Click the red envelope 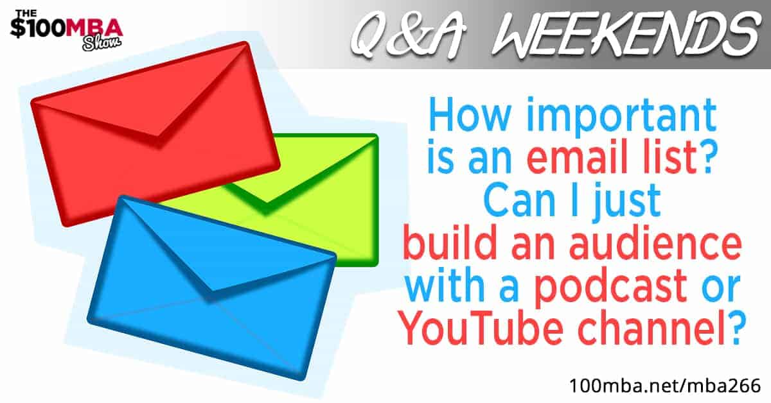(155, 134)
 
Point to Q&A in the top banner (408, 35)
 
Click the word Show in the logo (102, 44)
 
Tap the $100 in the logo (38, 28)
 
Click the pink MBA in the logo (94, 27)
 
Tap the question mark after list (704, 157)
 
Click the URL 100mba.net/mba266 (665, 386)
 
